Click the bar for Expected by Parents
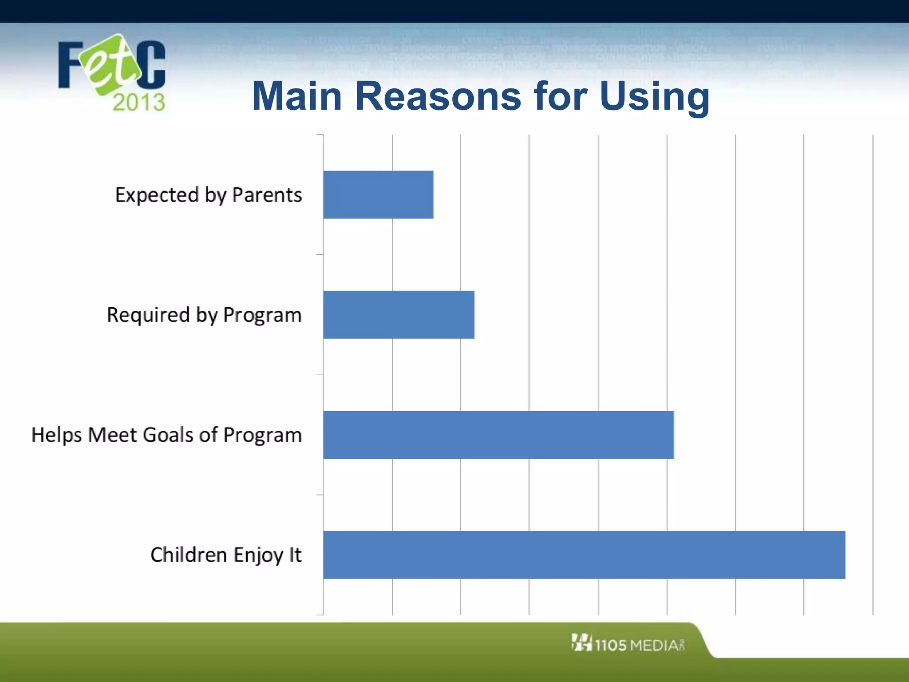click(x=378, y=194)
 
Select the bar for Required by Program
click(x=399, y=314)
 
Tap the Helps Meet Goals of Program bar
click(x=498, y=435)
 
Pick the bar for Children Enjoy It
click(x=584, y=555)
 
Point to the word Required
click(x=148, y=315)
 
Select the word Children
click(x=189, y=555)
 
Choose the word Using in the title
click(x=654, y=97)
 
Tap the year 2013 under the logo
click(x=138, y=103)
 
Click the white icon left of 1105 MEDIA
click(x=581, y=642)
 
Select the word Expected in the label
click(x=157, y=195)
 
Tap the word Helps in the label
click(x=56, y=435)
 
